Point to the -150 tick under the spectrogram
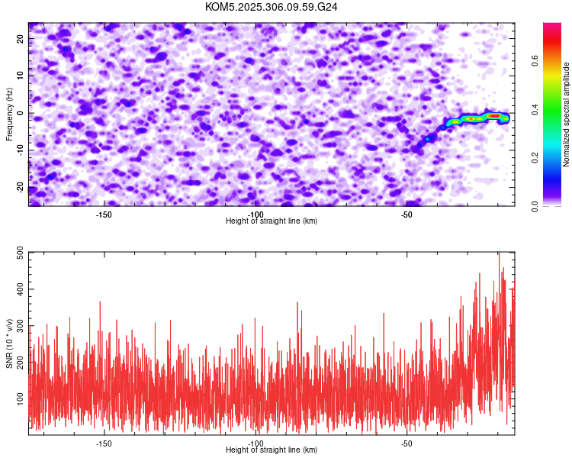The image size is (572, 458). tap(104, 214)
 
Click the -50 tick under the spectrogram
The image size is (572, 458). tap(407, 214)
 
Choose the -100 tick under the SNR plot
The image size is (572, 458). tap(255, 443)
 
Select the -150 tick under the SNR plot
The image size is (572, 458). tap(104, 443)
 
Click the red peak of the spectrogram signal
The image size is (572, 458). tap(494, 116)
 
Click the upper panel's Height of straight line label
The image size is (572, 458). tap(272, 221)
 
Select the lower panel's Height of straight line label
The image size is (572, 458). tap(272, 450)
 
